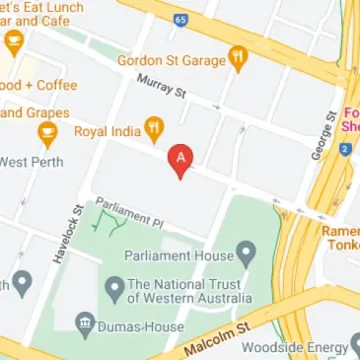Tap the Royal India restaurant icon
point(153,127)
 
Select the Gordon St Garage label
point(171,59)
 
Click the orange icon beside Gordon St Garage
point(237,58)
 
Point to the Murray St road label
point(161,86)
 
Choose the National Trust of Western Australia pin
point(114,289)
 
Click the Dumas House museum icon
point(86,323)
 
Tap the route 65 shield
point(180,19)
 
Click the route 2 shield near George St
point(345,149)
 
